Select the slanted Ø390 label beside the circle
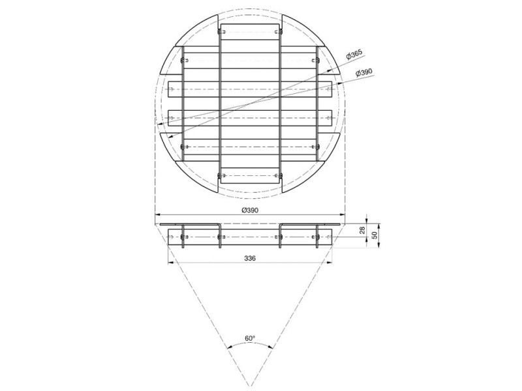(x=363, y=72)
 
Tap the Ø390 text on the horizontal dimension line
(x=250, y=210)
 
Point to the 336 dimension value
(x=250, y=258)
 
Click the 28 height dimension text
(x=362, y=230)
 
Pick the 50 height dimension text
(x=375, y=235)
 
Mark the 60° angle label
(x=250, y=338)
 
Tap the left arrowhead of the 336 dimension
(x=170, y=263)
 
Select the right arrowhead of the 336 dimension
(x=330, y=263)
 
